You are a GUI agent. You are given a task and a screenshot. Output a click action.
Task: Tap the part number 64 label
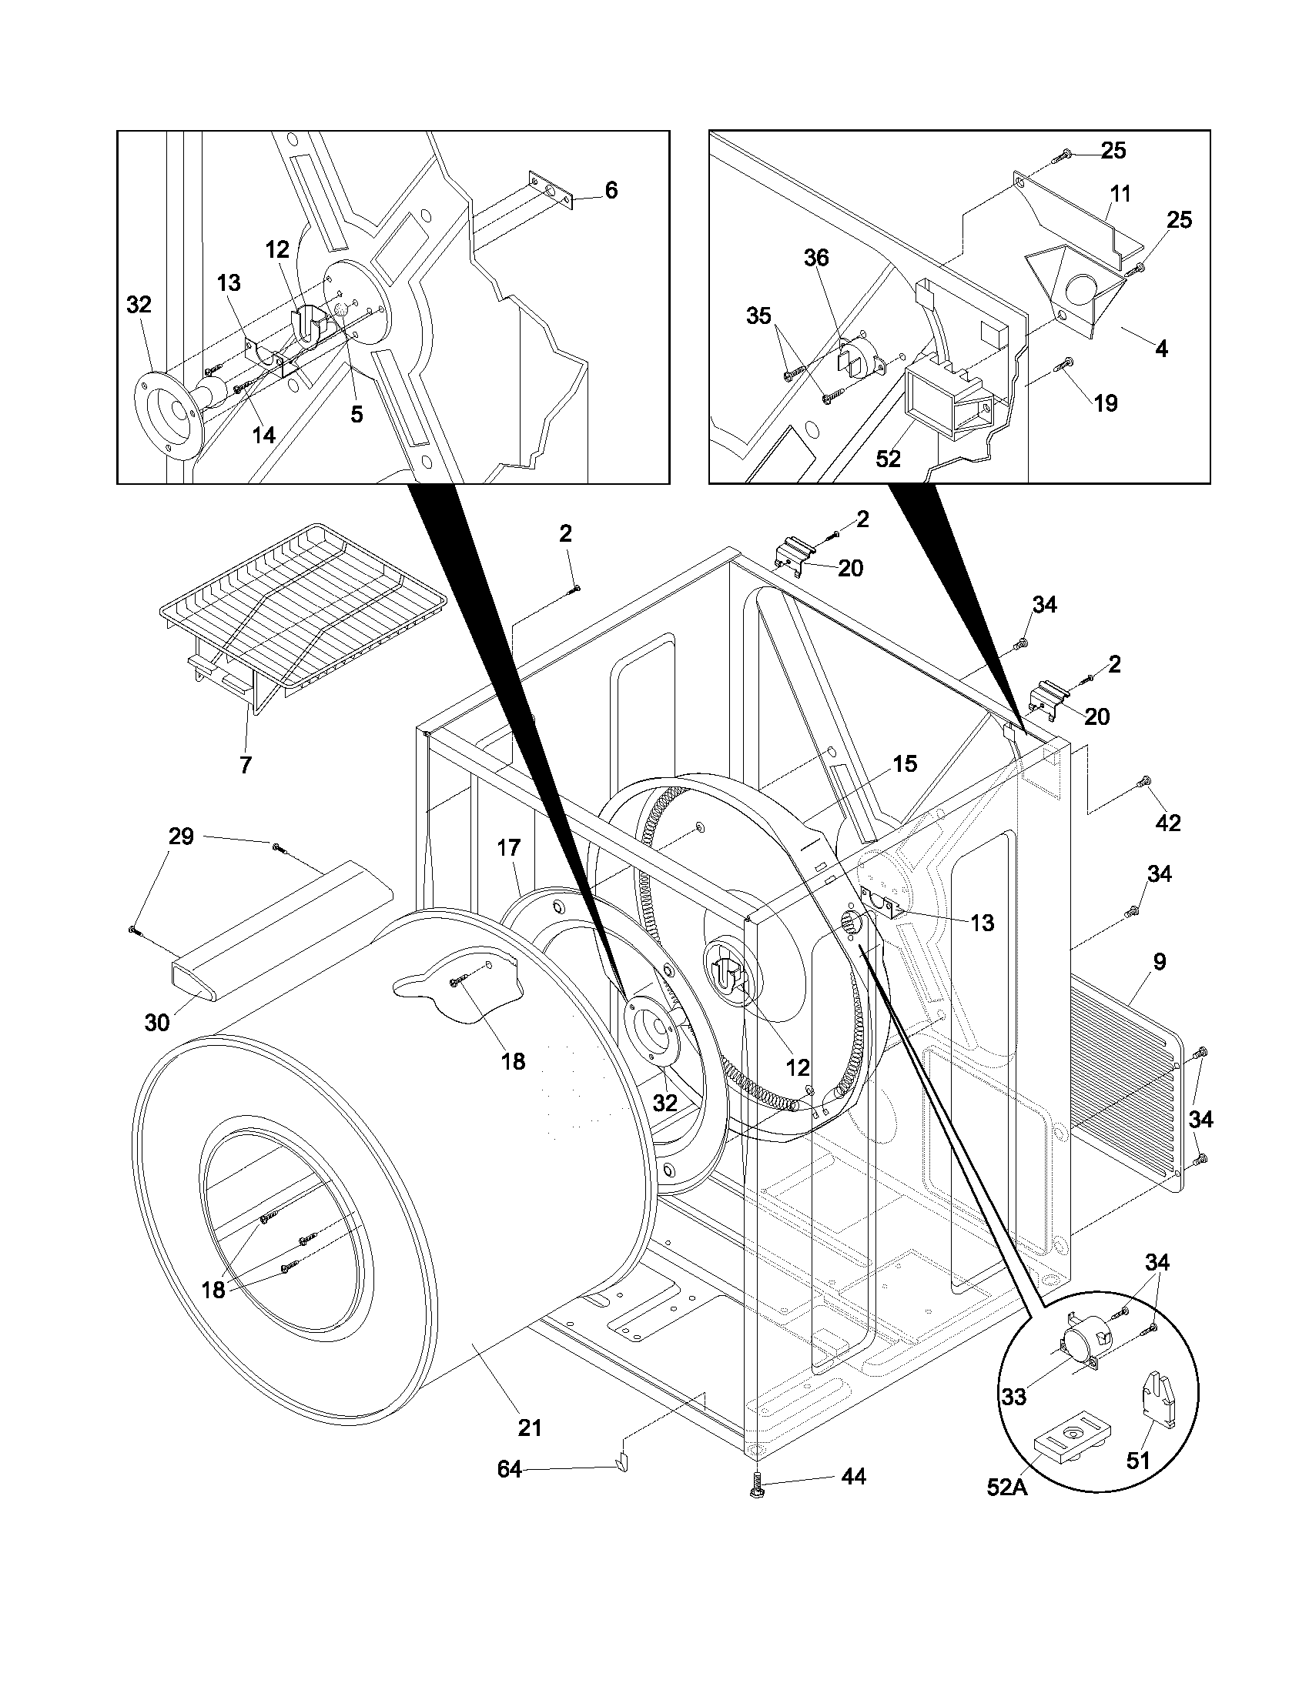[x=509, y=1469]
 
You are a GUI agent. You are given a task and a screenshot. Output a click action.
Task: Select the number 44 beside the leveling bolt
[x=853, y=1477]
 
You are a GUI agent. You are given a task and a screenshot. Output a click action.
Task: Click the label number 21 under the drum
[x=530, y=1427]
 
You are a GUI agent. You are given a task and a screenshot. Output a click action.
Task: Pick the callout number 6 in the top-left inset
[x=611, y=190]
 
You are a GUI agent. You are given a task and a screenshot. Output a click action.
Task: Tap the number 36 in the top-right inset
[x=815, y=258]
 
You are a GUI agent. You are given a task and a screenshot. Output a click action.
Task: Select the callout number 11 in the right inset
[x=1120, y=193]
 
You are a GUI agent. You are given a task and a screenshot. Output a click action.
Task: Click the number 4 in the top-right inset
[x=1161, y=349]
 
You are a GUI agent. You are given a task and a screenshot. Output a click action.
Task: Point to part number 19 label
[x=1106, y=402]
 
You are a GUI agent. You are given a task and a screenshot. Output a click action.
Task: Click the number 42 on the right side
[x=1168, y=823]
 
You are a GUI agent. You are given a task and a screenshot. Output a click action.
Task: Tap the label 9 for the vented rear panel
[x=1160, y=962]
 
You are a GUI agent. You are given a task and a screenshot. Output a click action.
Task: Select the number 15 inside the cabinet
[x=904, y=763]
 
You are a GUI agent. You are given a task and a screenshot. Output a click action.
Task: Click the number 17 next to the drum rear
[x=509, y=848]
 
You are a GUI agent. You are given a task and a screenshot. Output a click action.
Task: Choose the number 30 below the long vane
[x=157, y=1023]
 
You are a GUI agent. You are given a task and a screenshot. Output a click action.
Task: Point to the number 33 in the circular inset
[x=1013, y=1397]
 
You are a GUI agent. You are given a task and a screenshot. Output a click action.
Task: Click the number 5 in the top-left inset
[x=356, y=414]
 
